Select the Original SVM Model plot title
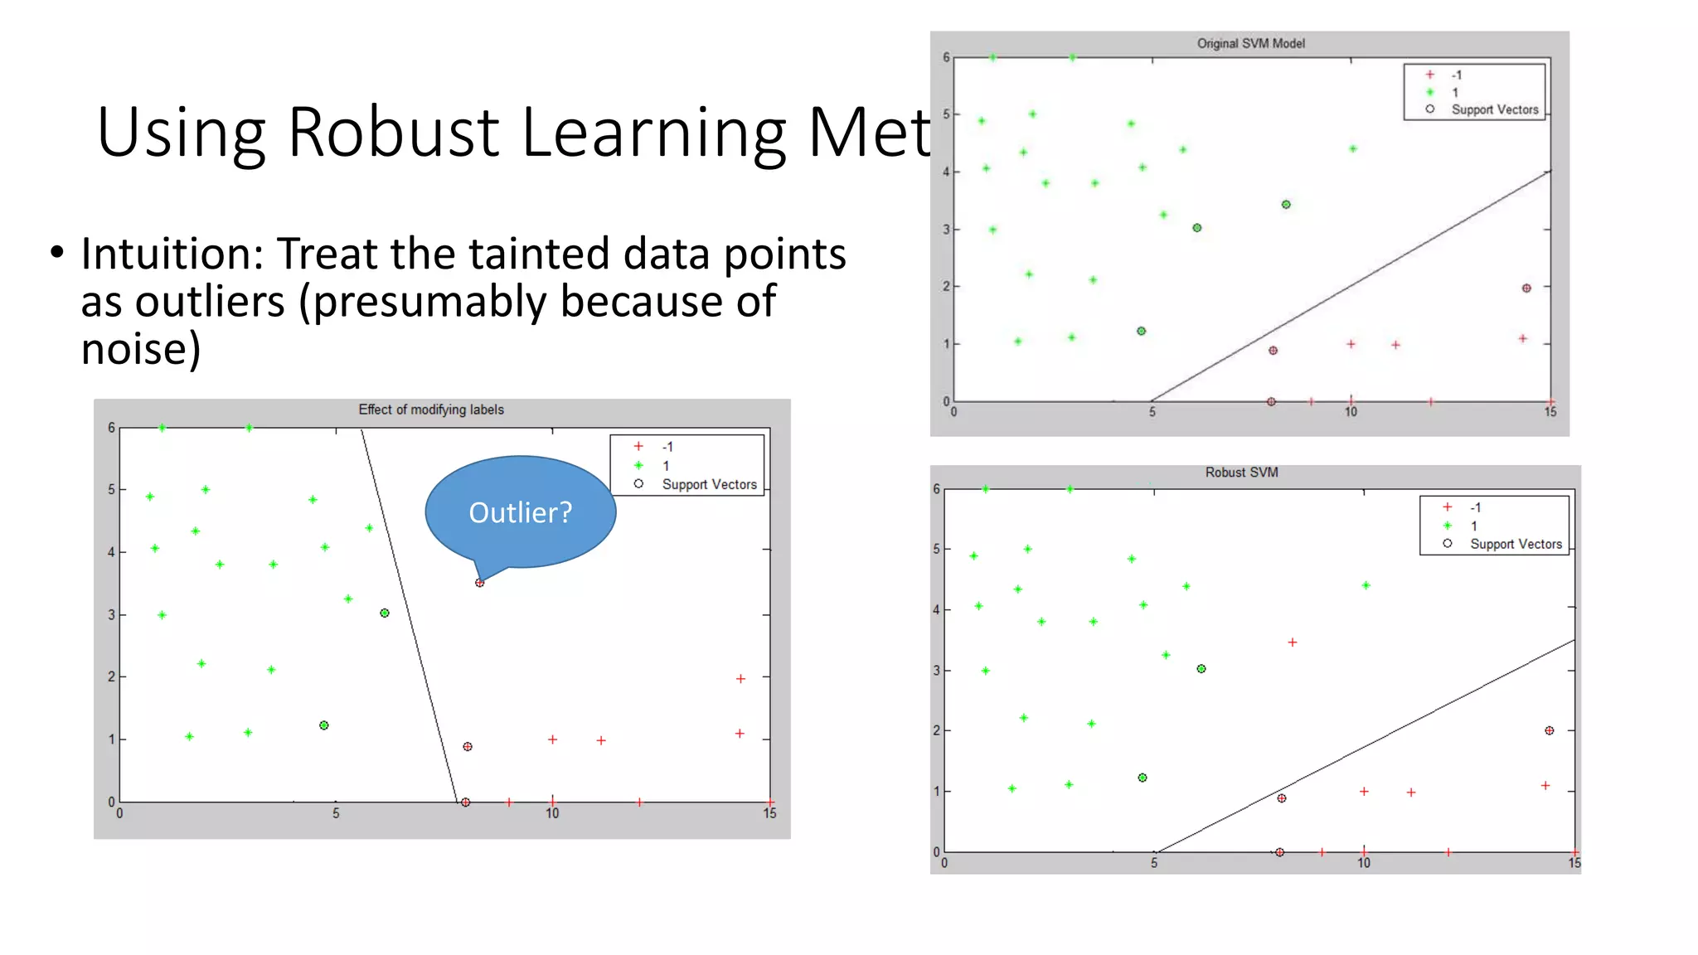click(x=1250, y=43)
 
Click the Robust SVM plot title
click(x=1241, y=473)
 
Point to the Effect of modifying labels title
click(x=430, y=410)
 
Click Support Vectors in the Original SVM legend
click(x=1494, y=109)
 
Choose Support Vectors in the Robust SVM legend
click(x=1515, y=544)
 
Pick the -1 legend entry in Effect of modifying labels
click(x=667, y=447)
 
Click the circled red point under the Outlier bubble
click(x=479, y=583)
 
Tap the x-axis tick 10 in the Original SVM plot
click(x=1351, y=412)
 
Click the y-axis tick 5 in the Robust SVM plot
click(x=936, y=549)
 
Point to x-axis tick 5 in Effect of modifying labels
click(x=336, y=814)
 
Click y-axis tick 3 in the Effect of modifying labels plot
click(x=111, y=615)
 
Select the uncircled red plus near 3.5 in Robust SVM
click(x=1292, y=642)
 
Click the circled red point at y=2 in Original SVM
click(x=1526, y=288)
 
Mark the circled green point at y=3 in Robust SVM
click(x=1201, y=669)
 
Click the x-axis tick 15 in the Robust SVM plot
click(x=1574, y=864)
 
